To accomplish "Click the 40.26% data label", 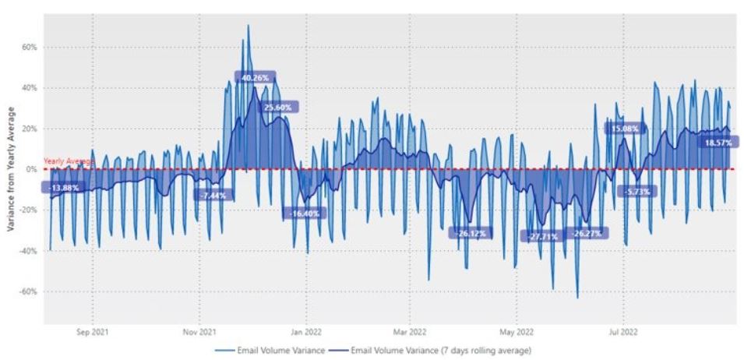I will [x=255, y=78].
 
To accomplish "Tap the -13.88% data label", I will [x=63, y=189].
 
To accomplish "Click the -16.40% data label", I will [x=304, y=213].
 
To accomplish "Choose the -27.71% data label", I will [x=543, y=236].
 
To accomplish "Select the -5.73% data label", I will [x=636, y=191].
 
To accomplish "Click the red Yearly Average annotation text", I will [x=68, y=161].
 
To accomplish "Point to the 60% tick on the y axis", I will [x=30, y=48].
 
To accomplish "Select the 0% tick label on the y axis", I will [x=32, y=170].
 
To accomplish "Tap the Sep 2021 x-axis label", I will [x=93, y=331].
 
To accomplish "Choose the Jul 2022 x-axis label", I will [x=623, y=331].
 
